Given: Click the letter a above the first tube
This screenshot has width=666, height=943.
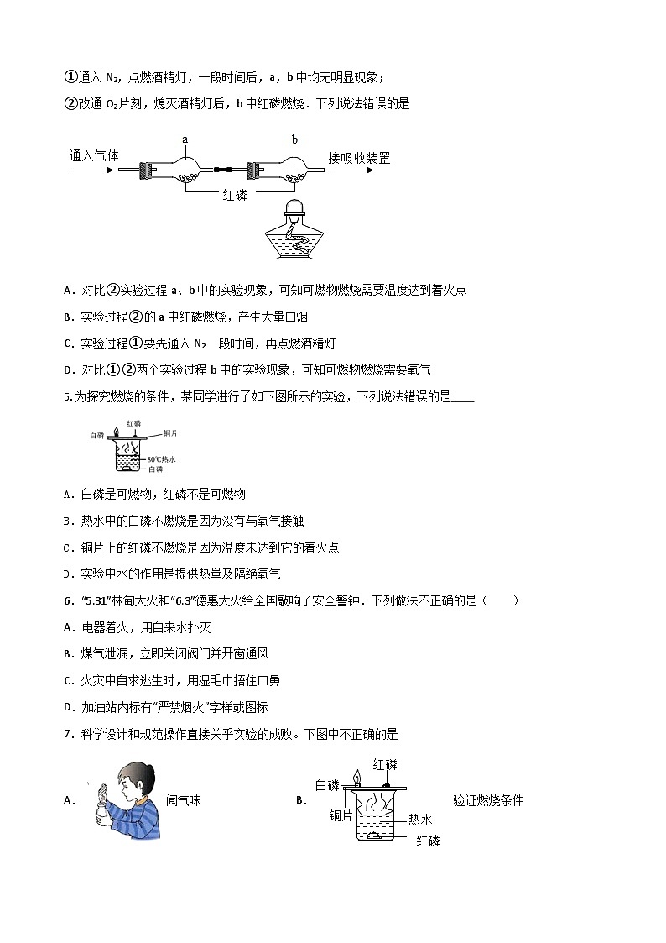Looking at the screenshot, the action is pyautogui.click(x=185, y=139).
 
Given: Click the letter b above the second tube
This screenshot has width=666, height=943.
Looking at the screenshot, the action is pyautogui.click(x=294, y=139).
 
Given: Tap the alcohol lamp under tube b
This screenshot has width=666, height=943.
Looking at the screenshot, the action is pyautogui.click(x=293, y=233).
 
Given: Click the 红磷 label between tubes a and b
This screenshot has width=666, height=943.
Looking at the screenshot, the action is pyautogui.click(x=238, y=196).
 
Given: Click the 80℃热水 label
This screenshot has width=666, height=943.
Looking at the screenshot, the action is pyautogui.click(x=161, y=459).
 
